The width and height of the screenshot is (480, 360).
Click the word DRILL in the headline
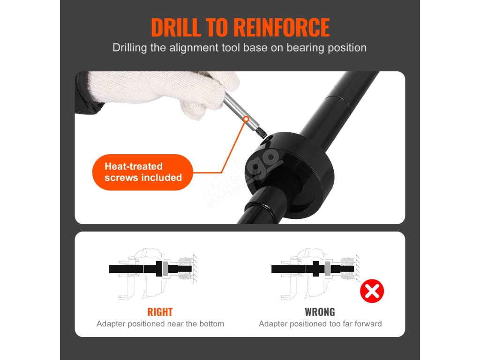tap(176, 28)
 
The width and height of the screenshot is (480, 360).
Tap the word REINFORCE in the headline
tap(282, 28)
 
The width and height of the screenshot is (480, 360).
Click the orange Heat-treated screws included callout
tap(142, 172)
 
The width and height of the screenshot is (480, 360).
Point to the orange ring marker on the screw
tap(246, 119)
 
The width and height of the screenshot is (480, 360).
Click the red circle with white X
tap(372, 291)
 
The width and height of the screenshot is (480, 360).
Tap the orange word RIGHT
tap(160, 312)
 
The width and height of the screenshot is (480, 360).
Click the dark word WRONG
tap(320, 312)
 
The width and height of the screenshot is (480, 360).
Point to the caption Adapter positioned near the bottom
tap(160, 324)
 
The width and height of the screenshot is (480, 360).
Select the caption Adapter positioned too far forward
tap(320, 324)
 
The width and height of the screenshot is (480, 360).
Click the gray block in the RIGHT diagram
tap(165, 269)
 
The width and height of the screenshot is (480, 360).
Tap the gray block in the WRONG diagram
tap(328, 269)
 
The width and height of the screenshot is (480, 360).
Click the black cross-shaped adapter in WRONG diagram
tap(315, 269)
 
